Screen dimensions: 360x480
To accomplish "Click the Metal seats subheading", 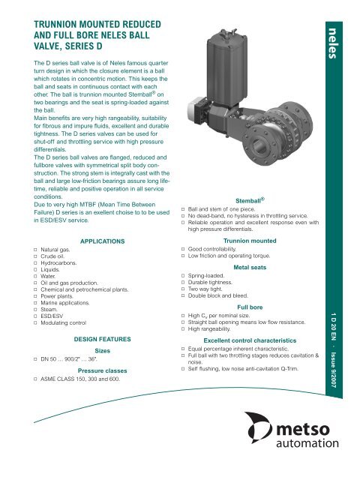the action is click(252, 286).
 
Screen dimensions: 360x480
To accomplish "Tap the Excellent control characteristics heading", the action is click(252, 360).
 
